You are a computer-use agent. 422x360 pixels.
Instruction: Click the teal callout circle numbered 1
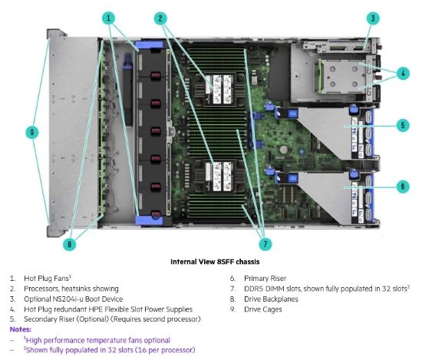[x=108, y=18]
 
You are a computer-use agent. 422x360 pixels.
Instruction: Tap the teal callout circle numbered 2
[x=160, y=18]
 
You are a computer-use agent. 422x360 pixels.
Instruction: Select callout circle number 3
[x=373, y=18]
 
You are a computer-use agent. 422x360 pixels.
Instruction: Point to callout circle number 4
[x=403, y=73]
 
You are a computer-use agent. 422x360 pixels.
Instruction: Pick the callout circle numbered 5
[x=403, y=125]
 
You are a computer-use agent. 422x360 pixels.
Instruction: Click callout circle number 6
[x=403, y=187]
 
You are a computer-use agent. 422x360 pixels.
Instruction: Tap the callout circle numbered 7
[x=265, y=244]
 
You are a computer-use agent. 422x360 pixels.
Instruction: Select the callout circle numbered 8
[x=69, y=244]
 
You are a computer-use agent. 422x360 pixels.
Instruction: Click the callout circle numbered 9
[x=32, y=132]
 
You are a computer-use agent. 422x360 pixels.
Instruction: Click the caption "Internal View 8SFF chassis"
[x=215, y=262]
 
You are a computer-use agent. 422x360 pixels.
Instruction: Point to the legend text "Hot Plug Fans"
[x=46, y=279]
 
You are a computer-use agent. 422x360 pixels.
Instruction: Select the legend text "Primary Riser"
[x=265, y=279]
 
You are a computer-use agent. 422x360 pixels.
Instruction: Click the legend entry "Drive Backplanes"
[x=271, y=299]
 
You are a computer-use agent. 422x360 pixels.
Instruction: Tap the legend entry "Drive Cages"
[x=263, y=309]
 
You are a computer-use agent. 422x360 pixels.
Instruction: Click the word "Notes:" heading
[x=21, y=329]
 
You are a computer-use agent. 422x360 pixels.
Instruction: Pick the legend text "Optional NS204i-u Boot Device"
[x=73, y=299]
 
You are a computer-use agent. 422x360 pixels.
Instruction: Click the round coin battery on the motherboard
[x=283, y=150]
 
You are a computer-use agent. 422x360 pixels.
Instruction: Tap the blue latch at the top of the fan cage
[x=150, y=45]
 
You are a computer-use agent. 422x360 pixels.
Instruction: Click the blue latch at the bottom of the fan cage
[x=149, y=220]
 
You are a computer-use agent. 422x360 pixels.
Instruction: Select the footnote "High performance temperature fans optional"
[x=98, y=340]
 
